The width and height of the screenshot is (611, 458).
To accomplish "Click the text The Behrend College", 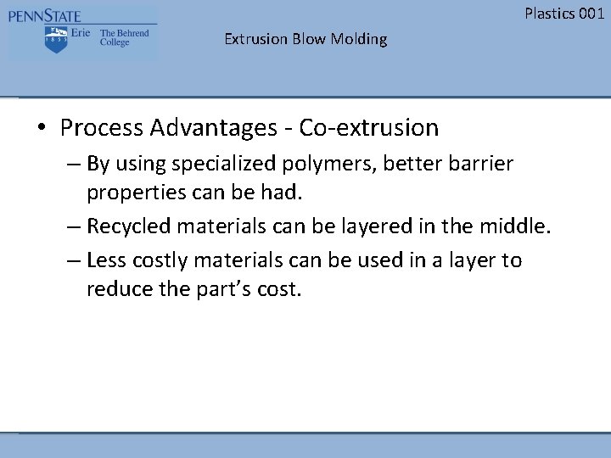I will coord(124,38).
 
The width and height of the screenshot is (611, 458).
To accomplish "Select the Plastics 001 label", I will coord(564,13).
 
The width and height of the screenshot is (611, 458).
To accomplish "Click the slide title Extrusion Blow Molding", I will coord(305,39).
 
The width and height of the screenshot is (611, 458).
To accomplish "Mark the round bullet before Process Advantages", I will coord(41,129).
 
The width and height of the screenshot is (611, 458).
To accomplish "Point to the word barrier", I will coord(479,162).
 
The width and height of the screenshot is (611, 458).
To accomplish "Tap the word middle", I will coord(519,227).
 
